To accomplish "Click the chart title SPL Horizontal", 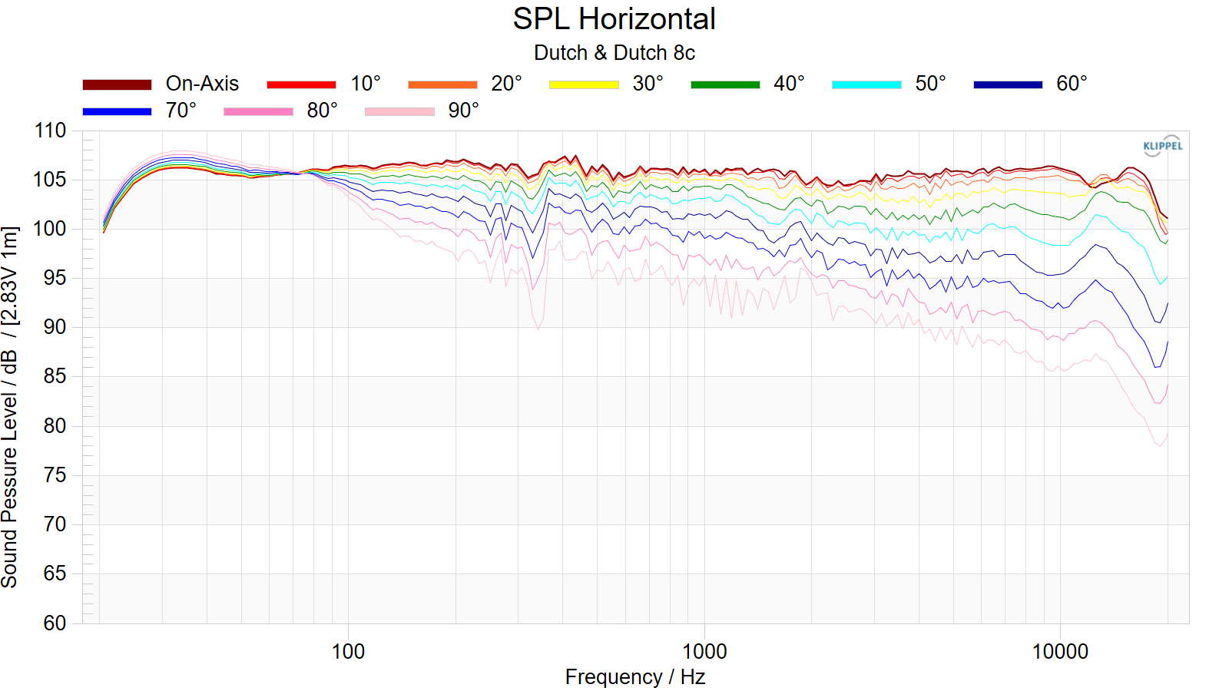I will click(614, 19).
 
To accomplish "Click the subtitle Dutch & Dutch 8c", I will click(614, 53).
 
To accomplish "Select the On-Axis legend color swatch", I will click(117, 84).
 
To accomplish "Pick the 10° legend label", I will click(366, 84).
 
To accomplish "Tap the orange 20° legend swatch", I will click(442, 84).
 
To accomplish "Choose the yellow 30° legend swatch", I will click(584, 84).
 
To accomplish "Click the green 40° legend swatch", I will click(725, 84).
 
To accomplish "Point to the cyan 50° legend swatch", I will click(866, 84).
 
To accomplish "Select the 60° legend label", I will click(1072, 84).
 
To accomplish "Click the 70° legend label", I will click(181, 111).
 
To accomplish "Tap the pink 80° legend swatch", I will click(258, 111).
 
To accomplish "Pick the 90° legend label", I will click(463, 111).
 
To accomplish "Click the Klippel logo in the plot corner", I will click(1162, 146).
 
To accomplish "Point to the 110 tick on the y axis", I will click(51, 131).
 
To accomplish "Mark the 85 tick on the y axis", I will click(55, 376).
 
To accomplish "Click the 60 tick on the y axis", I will click(55, 623).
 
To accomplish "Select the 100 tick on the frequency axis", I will click(348, 652).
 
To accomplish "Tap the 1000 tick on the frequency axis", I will click(704, 652).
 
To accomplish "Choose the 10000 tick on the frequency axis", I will click(1060, 652).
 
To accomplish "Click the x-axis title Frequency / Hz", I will click(634, 677).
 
